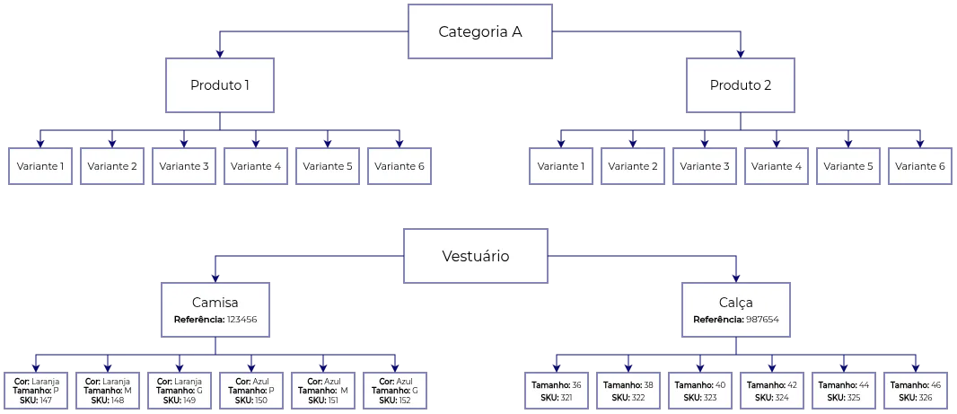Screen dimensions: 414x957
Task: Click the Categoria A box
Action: (x=480, y=31)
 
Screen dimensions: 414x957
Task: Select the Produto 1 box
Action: (x=220, y=86)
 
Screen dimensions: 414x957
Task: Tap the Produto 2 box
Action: (x=740, y=86)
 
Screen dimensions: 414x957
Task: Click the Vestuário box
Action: (x=475, y=256)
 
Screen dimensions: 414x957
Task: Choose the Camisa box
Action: (x=215, y=310)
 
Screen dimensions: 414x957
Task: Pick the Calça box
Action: (x=736, y=310)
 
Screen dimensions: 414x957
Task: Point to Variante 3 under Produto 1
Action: (x=183, y=166)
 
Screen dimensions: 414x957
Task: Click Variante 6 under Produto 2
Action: (x=920, y=166)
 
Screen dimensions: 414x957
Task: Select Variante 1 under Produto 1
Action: (x=40, y=166)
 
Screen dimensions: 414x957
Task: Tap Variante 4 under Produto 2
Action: (x=777, y=166)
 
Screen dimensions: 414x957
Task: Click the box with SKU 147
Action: (x=36, y=391)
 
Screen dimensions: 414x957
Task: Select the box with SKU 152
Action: (x=396, y=391)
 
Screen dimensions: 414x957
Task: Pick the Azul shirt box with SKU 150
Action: (x=251, y=391)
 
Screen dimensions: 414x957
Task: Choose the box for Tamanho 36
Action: (x=557, y=391)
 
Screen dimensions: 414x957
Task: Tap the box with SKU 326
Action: (x=917, y=391)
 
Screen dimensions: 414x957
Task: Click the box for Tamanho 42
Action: (x=772, y=391)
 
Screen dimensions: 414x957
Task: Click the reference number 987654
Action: (x=761, y=320)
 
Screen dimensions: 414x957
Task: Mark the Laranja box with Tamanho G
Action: (x=180, y=391)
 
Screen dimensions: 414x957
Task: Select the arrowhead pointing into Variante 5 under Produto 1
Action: (x=327, y=142)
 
